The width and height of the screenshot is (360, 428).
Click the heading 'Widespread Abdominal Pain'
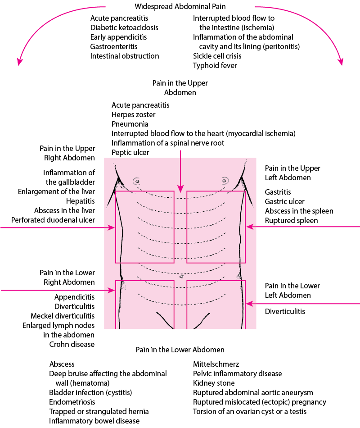point(180,6)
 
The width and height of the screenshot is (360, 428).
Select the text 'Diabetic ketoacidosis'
point(124,27)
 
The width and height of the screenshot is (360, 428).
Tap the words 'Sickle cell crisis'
point(217,56)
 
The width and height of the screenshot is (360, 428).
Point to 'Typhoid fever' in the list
point(215,65)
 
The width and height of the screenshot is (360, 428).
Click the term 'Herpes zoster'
point(133,114)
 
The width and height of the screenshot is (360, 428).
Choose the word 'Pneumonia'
point(130,124)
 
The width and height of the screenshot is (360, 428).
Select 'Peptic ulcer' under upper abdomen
point(130,152)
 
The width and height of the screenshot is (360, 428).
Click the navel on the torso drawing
point(181,277)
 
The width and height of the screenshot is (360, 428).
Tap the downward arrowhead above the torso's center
point(180,189)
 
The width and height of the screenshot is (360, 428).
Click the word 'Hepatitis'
point(81,201)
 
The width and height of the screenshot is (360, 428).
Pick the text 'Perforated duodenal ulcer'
point(53,220)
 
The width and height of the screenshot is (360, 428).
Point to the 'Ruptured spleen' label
point(291,221)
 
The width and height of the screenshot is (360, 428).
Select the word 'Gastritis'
point(278,192)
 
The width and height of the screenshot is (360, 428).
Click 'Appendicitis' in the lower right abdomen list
point(74,297)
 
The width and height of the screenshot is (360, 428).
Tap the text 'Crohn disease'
point(72,344)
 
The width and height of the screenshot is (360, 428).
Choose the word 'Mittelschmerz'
point(216,364)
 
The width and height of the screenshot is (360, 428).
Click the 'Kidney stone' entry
point(214,383)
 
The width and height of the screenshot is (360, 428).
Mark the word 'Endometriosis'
point(72,402)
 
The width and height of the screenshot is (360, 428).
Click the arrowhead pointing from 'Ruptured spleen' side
point(250,227)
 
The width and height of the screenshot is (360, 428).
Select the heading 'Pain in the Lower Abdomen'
point(180,350)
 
